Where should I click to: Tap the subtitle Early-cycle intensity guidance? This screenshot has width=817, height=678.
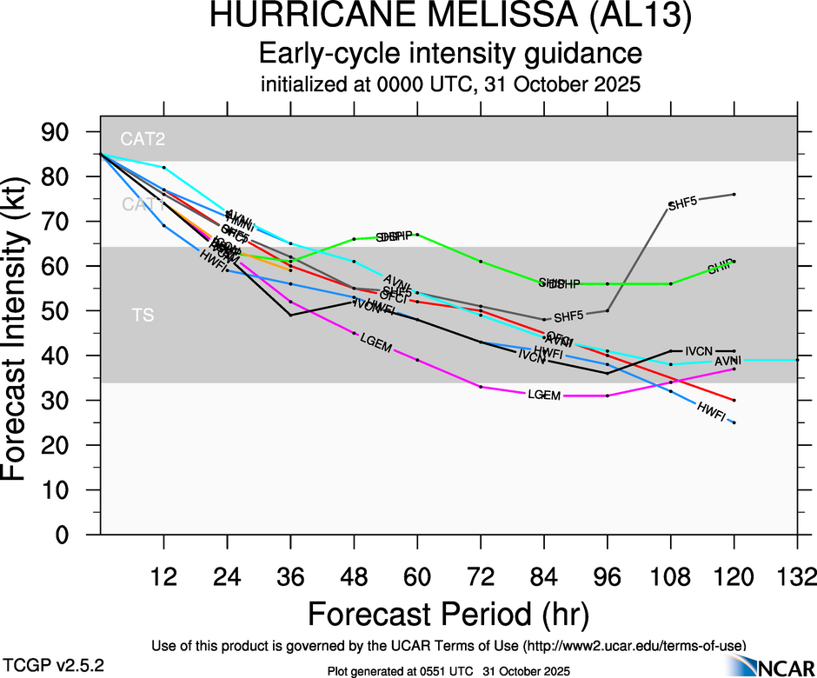(x=450, y=54)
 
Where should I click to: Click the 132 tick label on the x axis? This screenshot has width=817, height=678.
(x=798, y=576)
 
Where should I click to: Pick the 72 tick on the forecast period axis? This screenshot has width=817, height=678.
(x=481, y=576)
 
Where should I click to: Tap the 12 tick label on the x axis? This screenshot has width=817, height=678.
(x=163, y=576)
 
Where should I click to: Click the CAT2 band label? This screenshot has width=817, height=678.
(x=143, y=138)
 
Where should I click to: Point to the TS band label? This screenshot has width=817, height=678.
(x=143, y=315)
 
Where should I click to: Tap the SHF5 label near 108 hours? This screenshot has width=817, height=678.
(x=682, y=204)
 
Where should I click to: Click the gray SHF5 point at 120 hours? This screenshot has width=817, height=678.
(x=734, y=194)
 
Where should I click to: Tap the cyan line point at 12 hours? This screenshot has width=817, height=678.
(x=163, y=167)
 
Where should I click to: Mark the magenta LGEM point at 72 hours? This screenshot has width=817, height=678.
(x=481, y=387)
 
